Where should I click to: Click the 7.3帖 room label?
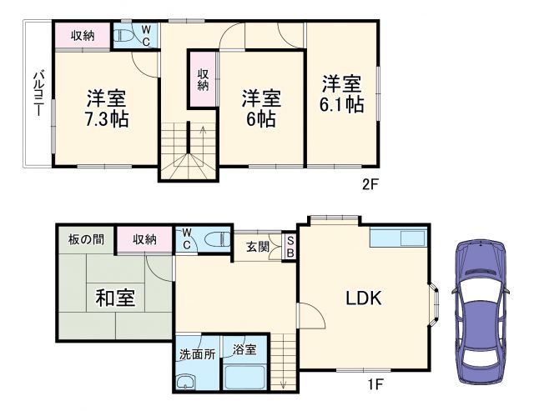[x=106, y=119]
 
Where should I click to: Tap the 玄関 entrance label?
[x=258, y=246]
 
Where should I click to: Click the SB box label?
[x=290, y=246]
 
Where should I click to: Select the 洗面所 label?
[x=197, y=353]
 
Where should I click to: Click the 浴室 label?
[x=244, y=348]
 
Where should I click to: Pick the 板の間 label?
[x=86, y=239]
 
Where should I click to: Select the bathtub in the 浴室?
[x=244, y=376]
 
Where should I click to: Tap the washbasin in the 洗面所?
[x=185, y=383]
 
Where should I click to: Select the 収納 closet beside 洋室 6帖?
[x=203, y=79]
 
